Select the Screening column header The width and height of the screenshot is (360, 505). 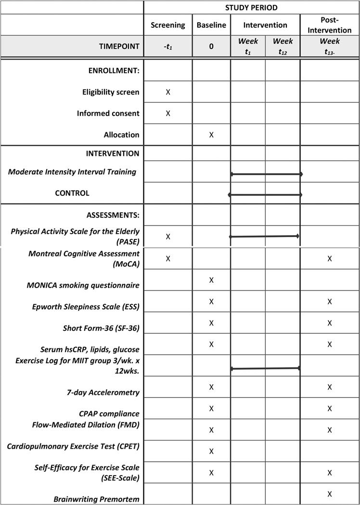click(x=167, y=25)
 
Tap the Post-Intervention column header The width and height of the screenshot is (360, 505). click(x=330, y=25)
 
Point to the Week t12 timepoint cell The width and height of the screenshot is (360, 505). click(x=283, y=47)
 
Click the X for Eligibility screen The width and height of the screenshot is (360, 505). click(x=168, y=92)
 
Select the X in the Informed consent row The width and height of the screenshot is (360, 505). click(x=168, y=114)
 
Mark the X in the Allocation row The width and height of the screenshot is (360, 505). click(x=211, y=135)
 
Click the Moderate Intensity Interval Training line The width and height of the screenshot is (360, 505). click(x=266, y=174)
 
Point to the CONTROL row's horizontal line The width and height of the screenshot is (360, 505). click(x=265, y=195)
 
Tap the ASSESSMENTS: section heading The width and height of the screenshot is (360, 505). click(x=113, y=215)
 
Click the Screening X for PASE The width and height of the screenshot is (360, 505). click(x=168, y=237)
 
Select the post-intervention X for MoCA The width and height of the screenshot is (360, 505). click(x=330, y=259)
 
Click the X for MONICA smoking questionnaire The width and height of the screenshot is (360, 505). click(x=211, y=280)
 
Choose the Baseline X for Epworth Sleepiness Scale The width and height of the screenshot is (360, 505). click(x=211, y=302)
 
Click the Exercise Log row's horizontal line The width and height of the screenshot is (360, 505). click(x=265, y=368)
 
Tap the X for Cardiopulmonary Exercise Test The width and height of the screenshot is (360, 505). click(x=211, y=451)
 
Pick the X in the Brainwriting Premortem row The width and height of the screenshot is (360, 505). click(x=330, y=494)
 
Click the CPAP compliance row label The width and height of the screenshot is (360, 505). click(x=109, y=414)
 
